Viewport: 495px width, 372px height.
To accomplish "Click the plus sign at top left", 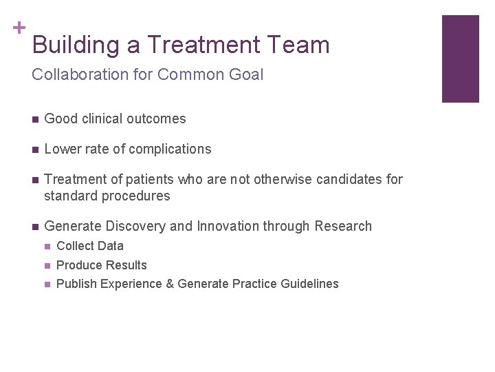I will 19,28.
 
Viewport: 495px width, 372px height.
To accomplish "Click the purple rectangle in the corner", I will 460,59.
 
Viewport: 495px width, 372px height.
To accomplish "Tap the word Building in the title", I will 76,45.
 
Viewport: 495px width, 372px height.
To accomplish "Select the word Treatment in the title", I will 203,45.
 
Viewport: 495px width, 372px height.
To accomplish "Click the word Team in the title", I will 299,45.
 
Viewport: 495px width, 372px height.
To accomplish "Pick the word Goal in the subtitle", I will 245,74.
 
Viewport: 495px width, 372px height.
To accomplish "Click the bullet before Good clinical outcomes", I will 34,119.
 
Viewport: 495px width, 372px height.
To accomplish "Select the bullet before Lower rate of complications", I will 34,149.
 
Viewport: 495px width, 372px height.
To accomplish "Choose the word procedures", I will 136,196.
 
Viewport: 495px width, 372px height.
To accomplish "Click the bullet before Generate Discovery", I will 34,227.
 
